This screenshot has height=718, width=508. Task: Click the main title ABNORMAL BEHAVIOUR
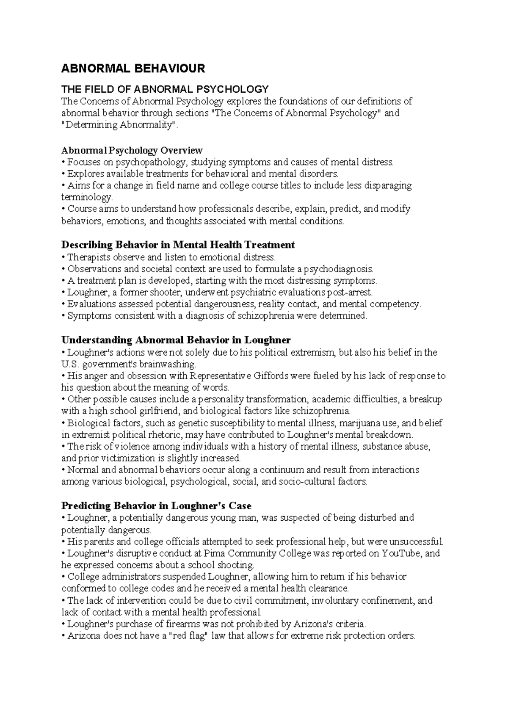point(133,69)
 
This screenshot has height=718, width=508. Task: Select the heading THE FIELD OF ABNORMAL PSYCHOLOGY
point(165,89)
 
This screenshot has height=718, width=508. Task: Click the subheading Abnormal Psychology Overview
point(132,150)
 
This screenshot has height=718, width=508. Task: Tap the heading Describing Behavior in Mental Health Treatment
point(178,245)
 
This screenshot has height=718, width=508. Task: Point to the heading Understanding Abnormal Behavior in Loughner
point(176,340)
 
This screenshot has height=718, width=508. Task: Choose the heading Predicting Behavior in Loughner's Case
point(156,506)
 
